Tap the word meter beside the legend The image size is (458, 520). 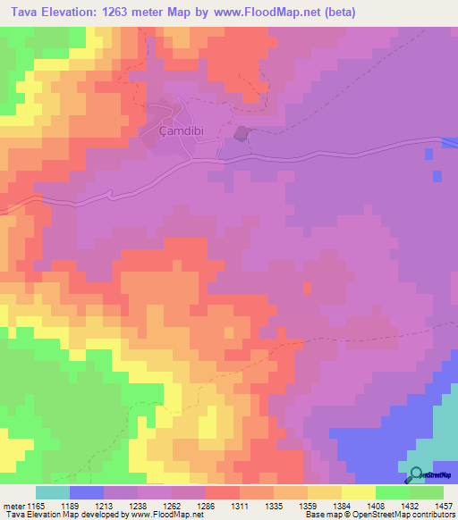13,505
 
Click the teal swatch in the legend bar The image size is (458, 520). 53,492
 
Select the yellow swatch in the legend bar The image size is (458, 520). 358,492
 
